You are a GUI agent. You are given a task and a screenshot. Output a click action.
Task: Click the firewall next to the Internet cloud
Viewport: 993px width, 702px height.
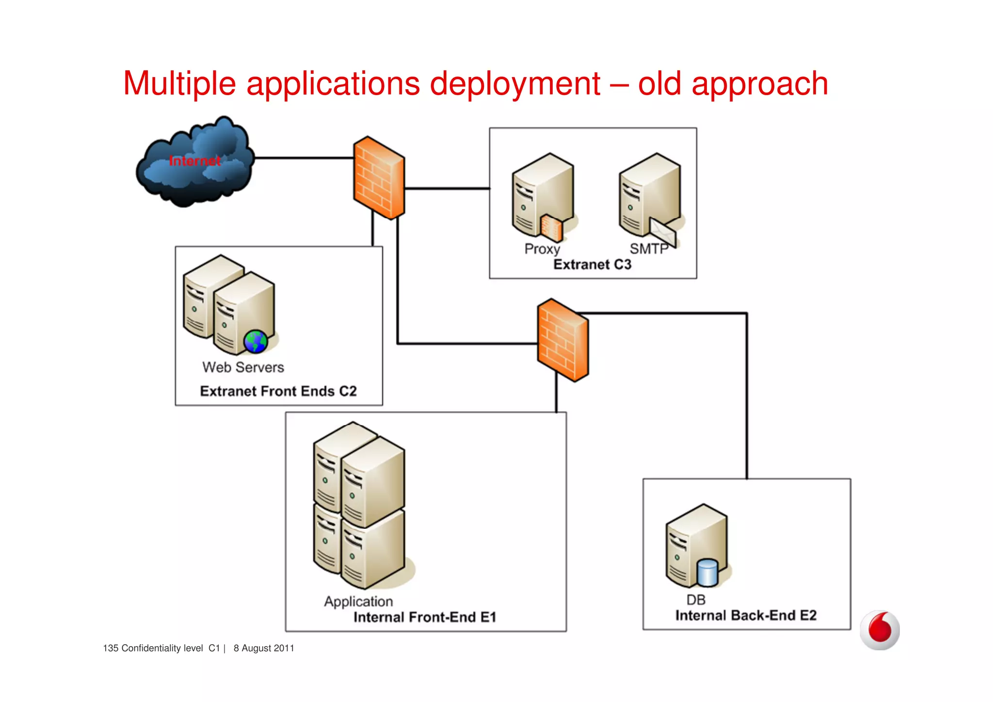pyautogui.click(x=379, y=178)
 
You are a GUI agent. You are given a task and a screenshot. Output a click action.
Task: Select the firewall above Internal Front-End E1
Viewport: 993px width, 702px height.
pyautogui.click(x=562, y=340)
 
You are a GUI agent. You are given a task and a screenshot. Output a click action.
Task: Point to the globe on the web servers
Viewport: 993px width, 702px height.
pyautogui.click(x=256, y=342)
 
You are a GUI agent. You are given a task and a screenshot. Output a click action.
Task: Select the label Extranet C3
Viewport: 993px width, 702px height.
pyautogui.click(x=592, y=264)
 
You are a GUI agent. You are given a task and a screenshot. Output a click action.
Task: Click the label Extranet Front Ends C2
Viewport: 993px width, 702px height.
pyautogui.click(x=278, y=391)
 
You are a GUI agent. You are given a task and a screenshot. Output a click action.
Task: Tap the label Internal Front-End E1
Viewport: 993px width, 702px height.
pyautogui.click(x=425, y=617)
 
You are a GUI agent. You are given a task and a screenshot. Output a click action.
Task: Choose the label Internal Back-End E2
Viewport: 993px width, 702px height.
pyautogui.click(x=746, y=616)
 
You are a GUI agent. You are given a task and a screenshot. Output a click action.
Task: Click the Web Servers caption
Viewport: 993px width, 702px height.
pyautogui.click(x=243, y=367)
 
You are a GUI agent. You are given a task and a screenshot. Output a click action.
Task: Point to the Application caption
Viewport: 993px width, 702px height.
pyautogui.click(x=358, y=602)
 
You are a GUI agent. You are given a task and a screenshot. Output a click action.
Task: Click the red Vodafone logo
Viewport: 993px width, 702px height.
pyautogui.click(x=880, y=630)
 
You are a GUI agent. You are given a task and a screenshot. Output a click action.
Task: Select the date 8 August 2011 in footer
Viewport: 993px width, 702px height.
pyautogui.click(x=264, y=648)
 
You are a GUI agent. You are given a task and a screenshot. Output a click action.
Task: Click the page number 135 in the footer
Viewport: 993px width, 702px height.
pyautogui.click(x=111, y=648)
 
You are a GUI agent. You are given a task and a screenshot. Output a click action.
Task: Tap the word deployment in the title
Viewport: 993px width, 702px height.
pyautogui.click(x=515, y=84)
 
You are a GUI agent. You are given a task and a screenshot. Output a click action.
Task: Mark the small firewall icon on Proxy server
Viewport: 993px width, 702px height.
pyautogui.click(x=552, y=228)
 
